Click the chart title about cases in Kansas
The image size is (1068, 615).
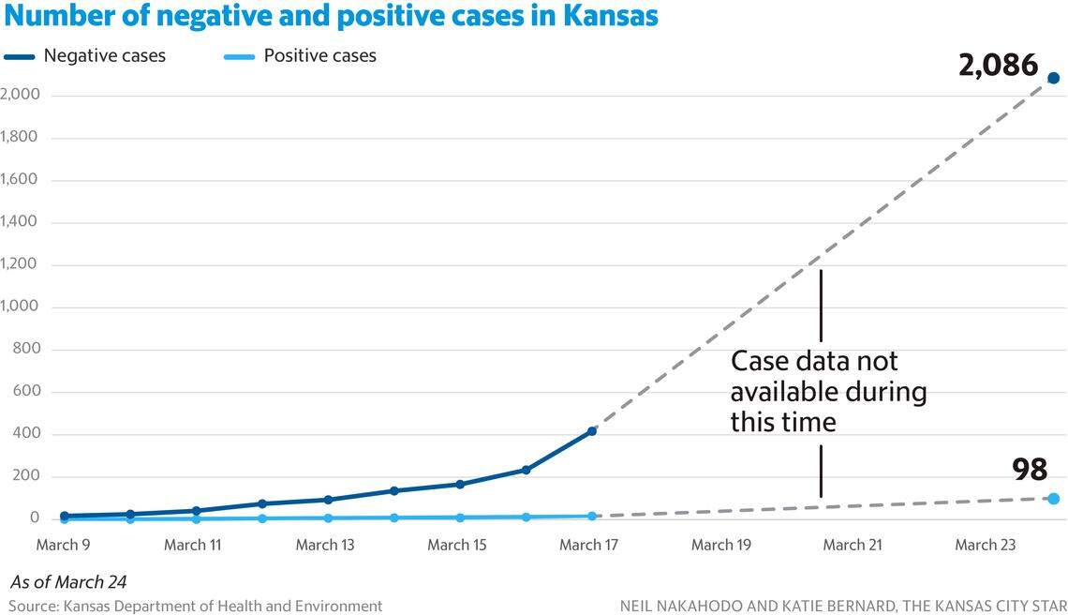pyautogui.click(x=330, y=16)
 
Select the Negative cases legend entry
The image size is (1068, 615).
pyautogui.click(x=104, y=56)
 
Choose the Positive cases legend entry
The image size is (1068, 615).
pyautogui.click(x=319, y=56)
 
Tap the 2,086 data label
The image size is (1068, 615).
pyautogui.click(x=998, y=66)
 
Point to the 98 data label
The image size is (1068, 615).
pyautogui.click(x=1030, y=470)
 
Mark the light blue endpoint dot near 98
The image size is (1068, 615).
pyautogui.click(x=1053, y=499)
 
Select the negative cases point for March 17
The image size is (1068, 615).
pyautogui.click(x=592, y=431)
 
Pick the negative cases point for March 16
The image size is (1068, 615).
pyautogui.click(x=526, y=470)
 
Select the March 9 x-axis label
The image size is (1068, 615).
pyautogui.click(x=64, y=545)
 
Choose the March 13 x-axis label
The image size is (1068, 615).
pyautogui.click(x=325, y=545)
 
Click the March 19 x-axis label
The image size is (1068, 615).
pyautogui.click(x=720, y=545)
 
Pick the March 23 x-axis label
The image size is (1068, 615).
pyautogui.click(x=984, y=545)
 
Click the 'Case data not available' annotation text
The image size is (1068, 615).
pyautogui.click(x=828, y=392)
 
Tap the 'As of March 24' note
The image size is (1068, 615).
pyautogui.click(x=68, y=582)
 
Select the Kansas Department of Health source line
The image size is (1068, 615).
pyautogui.click(x=195, y=606)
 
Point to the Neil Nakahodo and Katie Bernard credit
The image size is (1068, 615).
pyautogui.click(x=843, y=606)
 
